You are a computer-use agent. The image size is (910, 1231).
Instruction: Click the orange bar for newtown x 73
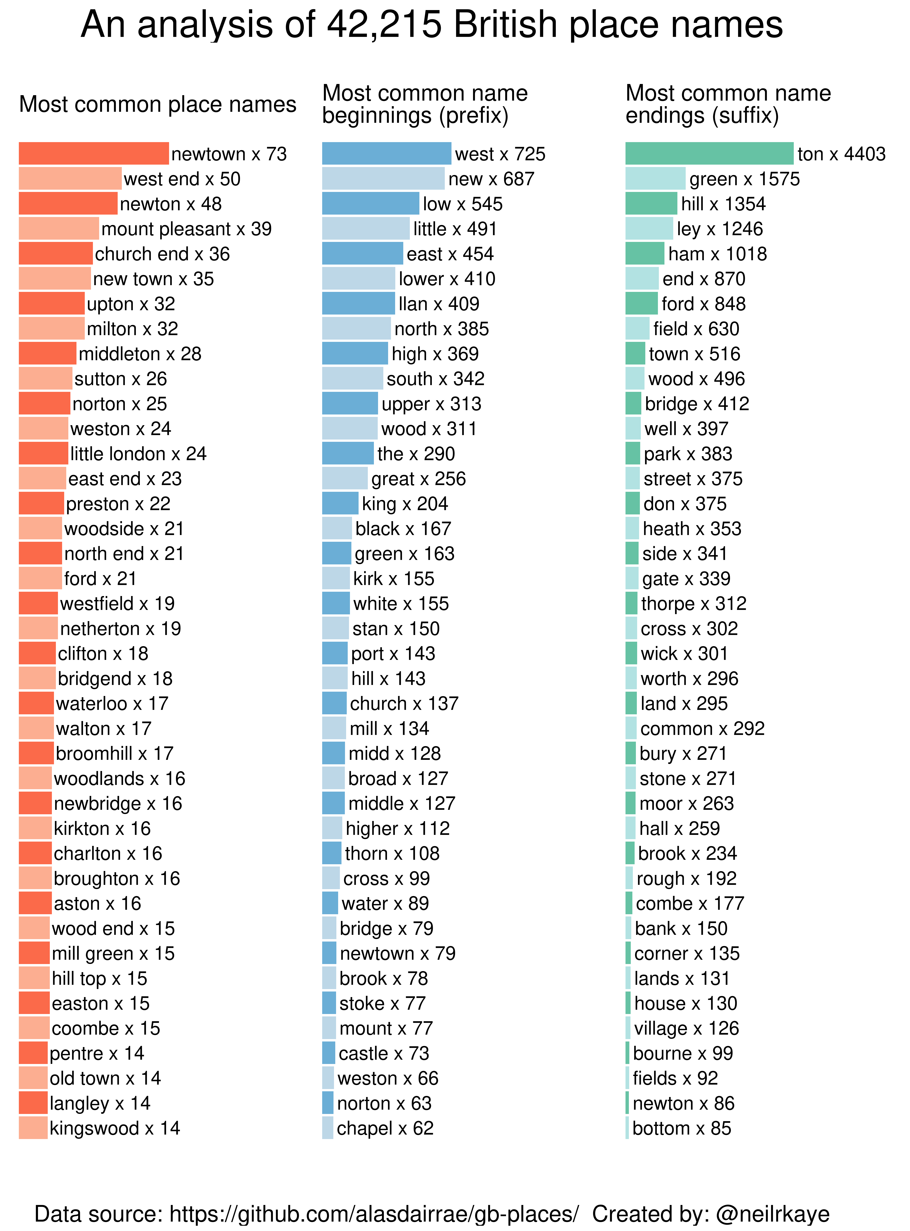pyautogui.click(x=94, y=154)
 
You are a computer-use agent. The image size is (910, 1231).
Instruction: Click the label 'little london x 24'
pyautogui.click(x=138, y=454)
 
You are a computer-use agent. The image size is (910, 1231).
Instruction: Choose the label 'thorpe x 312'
pyautogui.click(x=694, y=604)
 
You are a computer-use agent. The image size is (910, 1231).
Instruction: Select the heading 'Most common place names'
pyautogui.click(x=158, y=104)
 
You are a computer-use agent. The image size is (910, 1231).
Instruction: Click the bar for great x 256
pyautogui.click(x=345, y=479)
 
